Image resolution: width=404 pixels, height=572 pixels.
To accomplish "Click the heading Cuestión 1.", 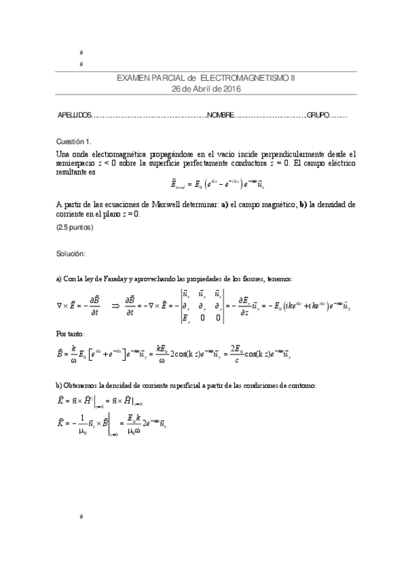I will (74, 142).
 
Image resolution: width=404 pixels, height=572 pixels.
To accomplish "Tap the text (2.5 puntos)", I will (74, 227).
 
